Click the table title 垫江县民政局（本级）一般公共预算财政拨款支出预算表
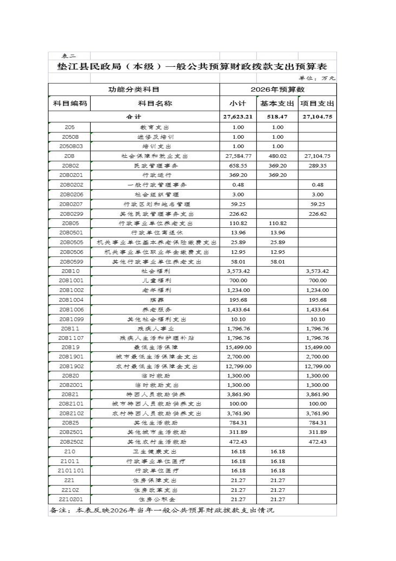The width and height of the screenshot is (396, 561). pos(192,66)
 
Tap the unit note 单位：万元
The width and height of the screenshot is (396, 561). pos(317,78)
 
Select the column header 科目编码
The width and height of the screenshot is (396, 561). pos(70,103)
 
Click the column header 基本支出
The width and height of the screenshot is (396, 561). pos(277,103)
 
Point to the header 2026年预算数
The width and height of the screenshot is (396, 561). pos(278,89)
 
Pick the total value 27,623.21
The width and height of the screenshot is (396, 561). pos(238,117)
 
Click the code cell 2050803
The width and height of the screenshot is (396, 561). pos(71,146)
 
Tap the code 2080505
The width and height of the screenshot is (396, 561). pos(71,242)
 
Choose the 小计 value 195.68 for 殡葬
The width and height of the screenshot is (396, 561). pos(238,300)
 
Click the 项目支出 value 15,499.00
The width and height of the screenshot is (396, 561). pos(317,347)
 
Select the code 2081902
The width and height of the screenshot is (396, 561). pos(71,366)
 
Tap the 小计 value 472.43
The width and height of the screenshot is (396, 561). pos(238,442)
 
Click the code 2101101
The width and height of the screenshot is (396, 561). pos(71,471)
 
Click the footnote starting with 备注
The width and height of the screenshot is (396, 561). pos(162,510)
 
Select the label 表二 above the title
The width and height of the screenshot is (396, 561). pos(69,56)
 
